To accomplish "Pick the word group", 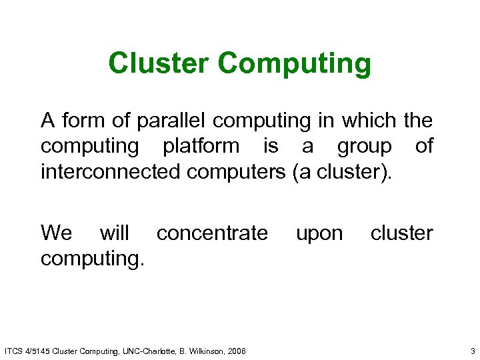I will tap(364, 147).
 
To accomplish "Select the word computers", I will tap(237, 172).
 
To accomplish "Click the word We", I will tap(56, 233).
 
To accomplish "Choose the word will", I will tap(115, 233).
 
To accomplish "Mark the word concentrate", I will tap(212, 233).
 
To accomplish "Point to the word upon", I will tap(319, 234).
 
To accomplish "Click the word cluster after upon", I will tap(401, 233).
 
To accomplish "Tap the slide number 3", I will tap(472, 351).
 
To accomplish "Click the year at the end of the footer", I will tap(236, 351).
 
